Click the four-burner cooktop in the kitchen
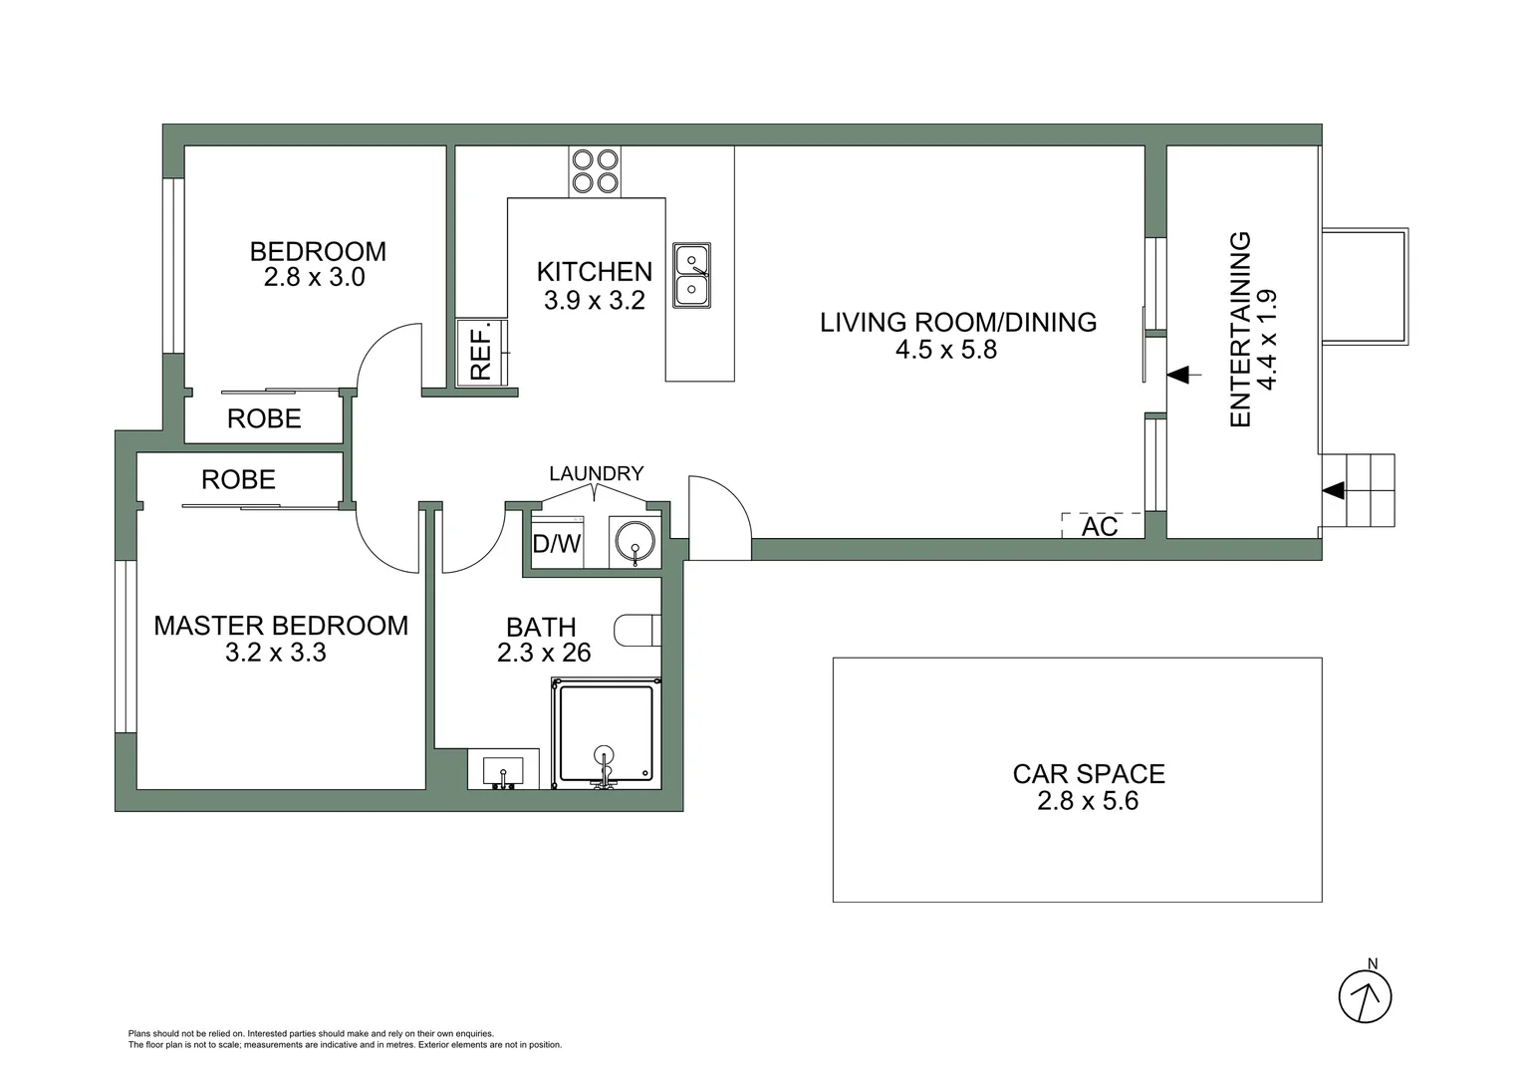(x=595, y=171)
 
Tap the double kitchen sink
(x=691, y=275)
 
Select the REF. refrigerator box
(x=482, y=353)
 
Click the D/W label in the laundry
(x=556, y=544)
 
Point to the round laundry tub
(x=634, y=542)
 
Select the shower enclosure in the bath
(x=606, y=732)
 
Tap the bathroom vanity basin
(x=503, y=770)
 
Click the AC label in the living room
(x=1100, y=526)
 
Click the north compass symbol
(x=1365, y=994)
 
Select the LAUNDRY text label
(x=596, y=473)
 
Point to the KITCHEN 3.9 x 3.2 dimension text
(x=595, y=300)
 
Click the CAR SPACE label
(x=1088, y=774)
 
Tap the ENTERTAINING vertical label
(x=1240, y=330)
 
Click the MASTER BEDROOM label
(x=281, y=626)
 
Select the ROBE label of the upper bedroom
(x=264, y=418)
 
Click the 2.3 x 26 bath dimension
(x=544, y=653)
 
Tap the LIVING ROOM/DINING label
(x=958, y=322)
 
